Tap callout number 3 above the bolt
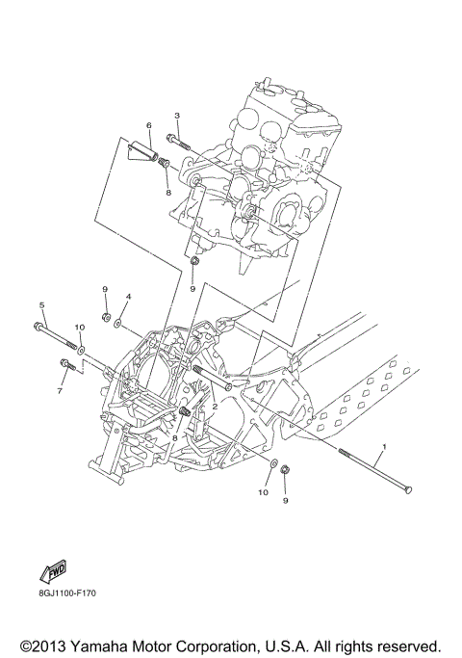pos(177,117)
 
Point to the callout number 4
pos(128,297)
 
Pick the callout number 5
pos(41,305)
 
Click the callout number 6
pos(149,126)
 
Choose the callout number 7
pos(59,391)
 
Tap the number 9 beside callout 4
pos(105,289)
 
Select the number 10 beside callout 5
pos(80,328)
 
